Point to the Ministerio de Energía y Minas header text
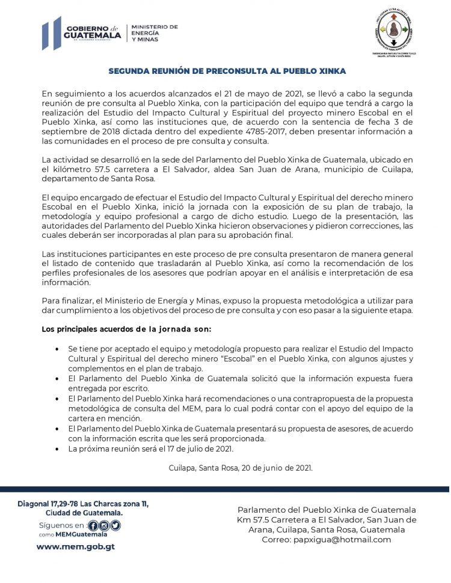pyautogui.click(x=154, y=32)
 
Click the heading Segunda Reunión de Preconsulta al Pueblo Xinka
pyautogui.click(x=227, y=71)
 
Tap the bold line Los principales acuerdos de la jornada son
pyautogui.click(x=126, y=329)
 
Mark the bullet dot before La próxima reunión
pyautogui.click(x=57, y=449)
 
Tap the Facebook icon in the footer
pyautogui.click(x=93, y=525)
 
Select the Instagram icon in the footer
pyautogui.click(x=104, y=525)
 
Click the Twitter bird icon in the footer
pyautogui.click(x=115, y=525)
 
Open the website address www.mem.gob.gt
pyautogui.click(x=76, y=547)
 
